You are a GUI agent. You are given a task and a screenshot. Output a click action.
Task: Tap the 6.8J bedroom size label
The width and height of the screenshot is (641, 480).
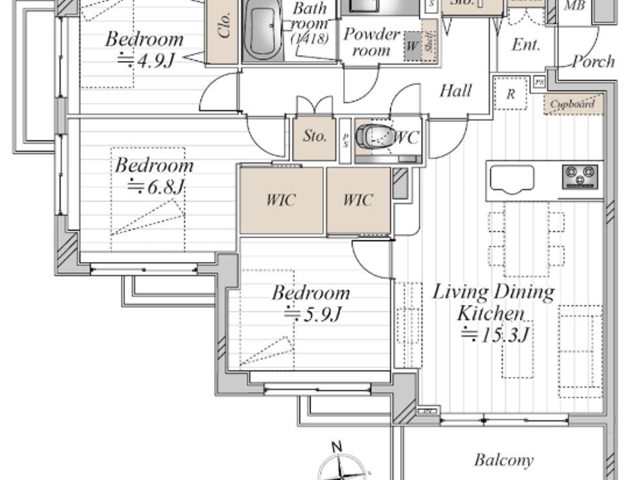coord(156,187)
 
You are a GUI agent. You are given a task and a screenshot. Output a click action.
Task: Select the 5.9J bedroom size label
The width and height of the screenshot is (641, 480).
coord(312,314)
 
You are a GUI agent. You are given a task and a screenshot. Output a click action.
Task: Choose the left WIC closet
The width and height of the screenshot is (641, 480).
coord(281,200)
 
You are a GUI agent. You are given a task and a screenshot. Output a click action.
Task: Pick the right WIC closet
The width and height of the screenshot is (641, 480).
coord(358,200)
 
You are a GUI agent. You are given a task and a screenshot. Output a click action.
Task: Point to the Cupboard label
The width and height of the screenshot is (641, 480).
coord(572,104)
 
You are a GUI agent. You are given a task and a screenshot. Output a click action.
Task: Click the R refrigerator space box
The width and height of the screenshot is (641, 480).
coord(510,94)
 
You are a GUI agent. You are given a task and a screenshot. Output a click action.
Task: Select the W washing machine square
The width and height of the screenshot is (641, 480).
coord(412,46)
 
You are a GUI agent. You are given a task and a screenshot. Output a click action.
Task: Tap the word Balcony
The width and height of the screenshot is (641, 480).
coord(504,460)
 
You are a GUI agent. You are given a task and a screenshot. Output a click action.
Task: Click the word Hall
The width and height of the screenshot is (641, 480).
coord(455,91)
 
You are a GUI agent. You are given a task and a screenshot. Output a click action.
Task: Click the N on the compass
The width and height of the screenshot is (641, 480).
coord(337,447)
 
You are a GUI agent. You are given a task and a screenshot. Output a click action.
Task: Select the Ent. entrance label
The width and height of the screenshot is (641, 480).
coord(526,45)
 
